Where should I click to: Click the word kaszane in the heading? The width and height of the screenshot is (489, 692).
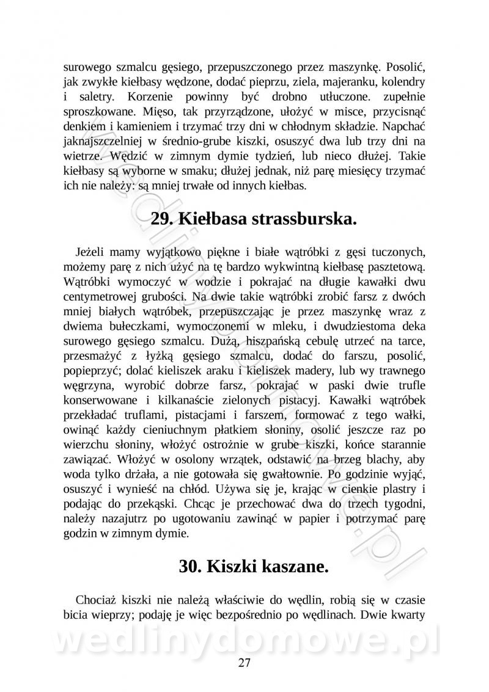coord(288,566)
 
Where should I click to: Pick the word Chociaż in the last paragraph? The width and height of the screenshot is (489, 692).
coord(97,600)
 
